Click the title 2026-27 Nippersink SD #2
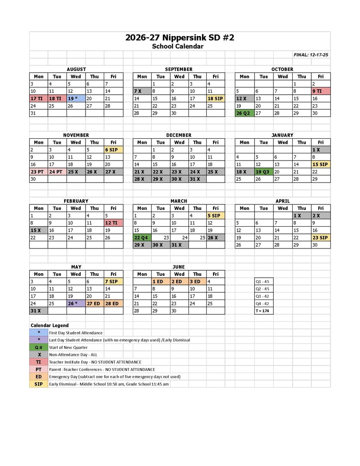click(x=179, y=38)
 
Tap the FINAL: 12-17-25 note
click(x=311, y=55)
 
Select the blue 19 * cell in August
click(x=76, y=98)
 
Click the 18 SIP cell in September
click(x=215, y=98)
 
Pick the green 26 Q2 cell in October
click(x=244, y=113)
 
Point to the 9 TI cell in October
click(x=320, y=91)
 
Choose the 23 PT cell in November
click(x=38, y=172)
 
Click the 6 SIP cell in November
click(x=113, y=150)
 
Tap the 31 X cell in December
click(x=197, y=179)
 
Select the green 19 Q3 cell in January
click(x=264, y=172)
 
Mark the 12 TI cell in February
click(x=113, y=223)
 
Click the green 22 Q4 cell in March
click(x=142, y=238)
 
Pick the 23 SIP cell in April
click(x=320, y=238)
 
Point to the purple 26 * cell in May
click(x=76, y=304)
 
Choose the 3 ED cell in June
click(x=197, y=282)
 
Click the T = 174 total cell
click(x=264, y=311)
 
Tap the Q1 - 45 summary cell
click(x=264, y=282)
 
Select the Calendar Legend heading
click(x=50, y=325)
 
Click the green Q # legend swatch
click(x=39, y=347)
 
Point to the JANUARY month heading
click(x=283, y=135)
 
